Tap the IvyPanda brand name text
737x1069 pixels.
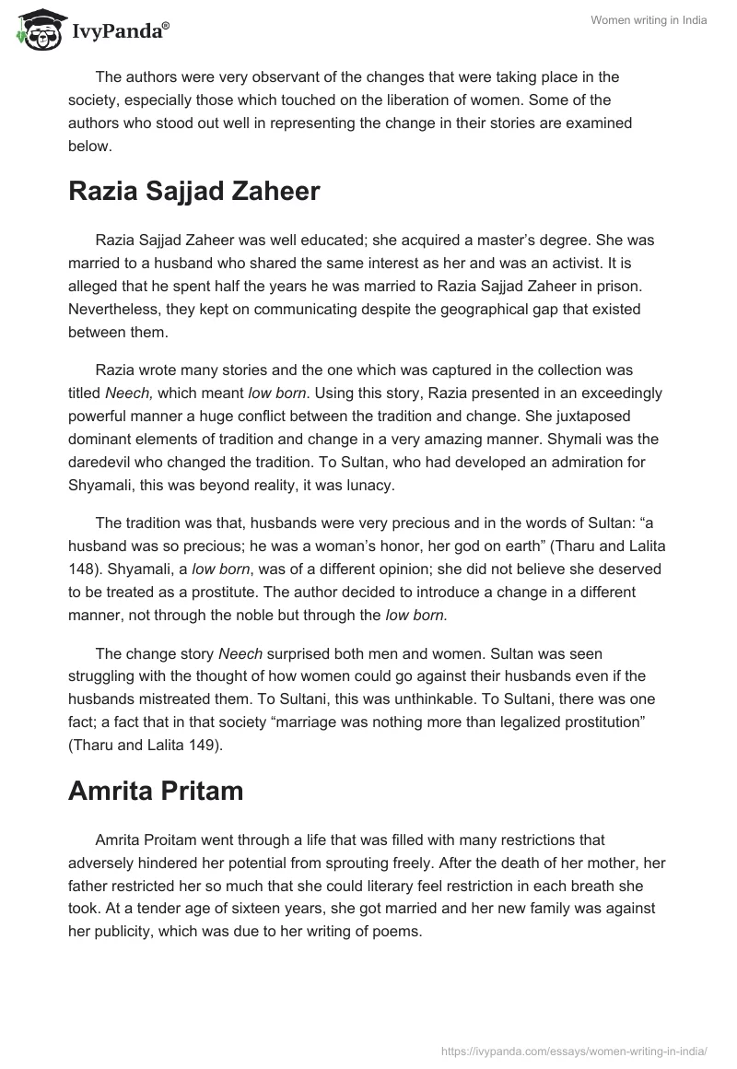(120, 31)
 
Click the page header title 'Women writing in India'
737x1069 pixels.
(649, 21)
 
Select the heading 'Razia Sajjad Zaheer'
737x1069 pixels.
(193, 191)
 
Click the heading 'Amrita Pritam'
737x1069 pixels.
(156, 791)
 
